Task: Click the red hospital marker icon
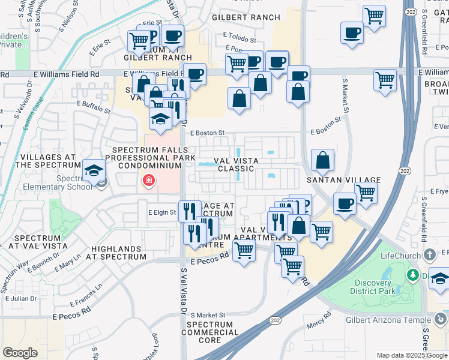pos(148,180)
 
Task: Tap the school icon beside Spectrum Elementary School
pos(94,170)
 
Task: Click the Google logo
pos(20,352)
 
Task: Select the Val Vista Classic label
pos(223,165)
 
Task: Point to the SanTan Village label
pos(343,180)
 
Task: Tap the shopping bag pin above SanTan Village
pos(323,160)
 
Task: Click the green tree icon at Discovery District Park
pos(412,275)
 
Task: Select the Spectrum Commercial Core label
pos(210,332)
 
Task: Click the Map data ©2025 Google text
pos(411,355)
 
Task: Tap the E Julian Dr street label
pos(21,298)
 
